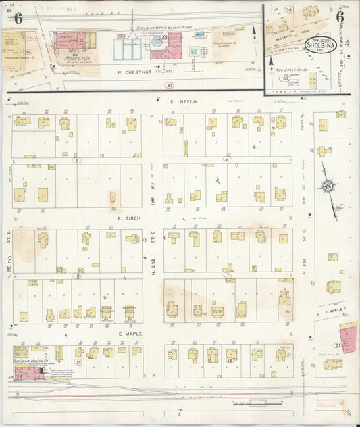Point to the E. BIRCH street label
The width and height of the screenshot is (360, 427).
click(128, 219)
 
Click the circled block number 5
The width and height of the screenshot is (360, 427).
click(77, 161)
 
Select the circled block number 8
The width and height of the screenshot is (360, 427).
click(78, 276)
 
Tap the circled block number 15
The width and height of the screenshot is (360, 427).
click(78, 362)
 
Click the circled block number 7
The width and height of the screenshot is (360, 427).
click(228, 275)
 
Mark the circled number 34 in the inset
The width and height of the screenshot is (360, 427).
click(288, 9)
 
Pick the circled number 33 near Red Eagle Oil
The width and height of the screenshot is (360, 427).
click(286, 78)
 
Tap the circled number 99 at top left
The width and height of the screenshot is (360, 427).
click(28, 51)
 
